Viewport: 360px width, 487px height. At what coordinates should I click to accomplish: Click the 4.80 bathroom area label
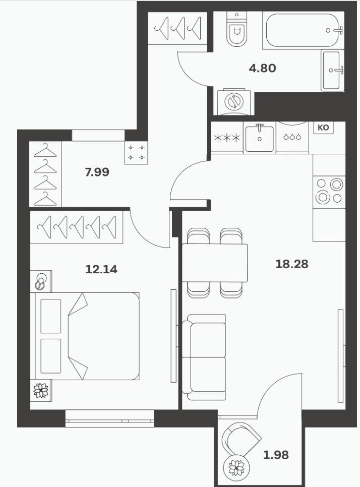click(263, 68)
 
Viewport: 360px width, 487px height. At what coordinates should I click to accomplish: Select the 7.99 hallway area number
click(97, 172)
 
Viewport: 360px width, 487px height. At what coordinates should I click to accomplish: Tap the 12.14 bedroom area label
click(101, 269)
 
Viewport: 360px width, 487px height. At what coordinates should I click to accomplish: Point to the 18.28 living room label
click(292, 264)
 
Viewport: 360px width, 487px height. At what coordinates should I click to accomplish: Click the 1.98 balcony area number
click(276, 455)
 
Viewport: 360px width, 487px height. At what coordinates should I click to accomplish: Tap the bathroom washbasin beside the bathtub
click(332, 71)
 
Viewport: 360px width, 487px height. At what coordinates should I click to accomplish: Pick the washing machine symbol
click(234, 101)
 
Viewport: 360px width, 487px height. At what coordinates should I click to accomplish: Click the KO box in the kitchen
click(323, 128)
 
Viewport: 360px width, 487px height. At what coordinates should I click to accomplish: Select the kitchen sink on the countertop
click(259, 138)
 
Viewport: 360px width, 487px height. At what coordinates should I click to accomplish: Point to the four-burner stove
click(329, 192)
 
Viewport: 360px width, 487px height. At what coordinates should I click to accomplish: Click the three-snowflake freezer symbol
click(227, 138)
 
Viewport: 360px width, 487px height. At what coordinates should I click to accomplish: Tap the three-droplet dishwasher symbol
click(292, 137)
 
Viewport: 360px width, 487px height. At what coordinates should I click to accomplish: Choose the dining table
click(215, 263)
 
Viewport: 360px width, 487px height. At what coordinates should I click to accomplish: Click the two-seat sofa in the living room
click(204, 357)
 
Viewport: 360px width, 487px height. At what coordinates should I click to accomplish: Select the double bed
click(85, 336)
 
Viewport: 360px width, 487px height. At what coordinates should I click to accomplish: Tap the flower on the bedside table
click(41, 390)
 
